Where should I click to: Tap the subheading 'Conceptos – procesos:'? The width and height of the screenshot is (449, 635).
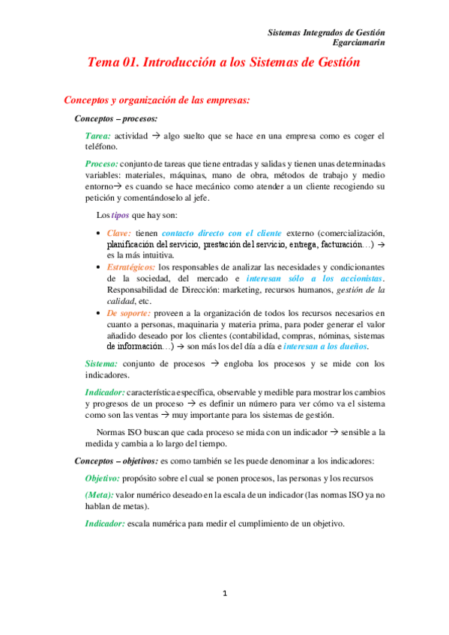[115, 118]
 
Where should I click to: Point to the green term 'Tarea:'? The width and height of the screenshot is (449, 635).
[98, 136]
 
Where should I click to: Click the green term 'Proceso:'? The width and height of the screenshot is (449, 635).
[102, 163]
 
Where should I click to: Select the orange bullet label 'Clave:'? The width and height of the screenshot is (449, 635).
[119, 233]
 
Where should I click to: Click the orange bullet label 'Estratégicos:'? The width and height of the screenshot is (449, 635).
[131, 267]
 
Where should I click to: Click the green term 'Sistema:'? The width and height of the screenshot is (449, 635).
[101, 364]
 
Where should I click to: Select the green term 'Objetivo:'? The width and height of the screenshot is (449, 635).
[104, 478]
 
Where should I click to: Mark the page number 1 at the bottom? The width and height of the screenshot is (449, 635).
[224, 594]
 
